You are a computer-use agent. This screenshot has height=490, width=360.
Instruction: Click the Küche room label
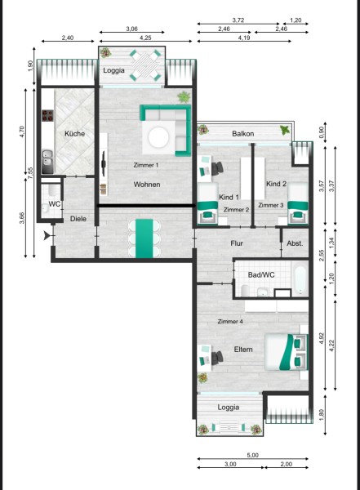(x=74, y=133)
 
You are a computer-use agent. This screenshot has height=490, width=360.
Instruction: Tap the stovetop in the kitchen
(x=48, y=116)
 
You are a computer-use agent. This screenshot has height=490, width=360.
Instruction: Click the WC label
(x=55, y=204)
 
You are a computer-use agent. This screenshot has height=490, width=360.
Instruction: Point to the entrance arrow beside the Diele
(x=47, y=235)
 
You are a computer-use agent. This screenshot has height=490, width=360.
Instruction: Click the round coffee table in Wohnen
(x=159, y=137)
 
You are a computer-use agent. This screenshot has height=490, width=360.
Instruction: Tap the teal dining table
(x=144, y=238)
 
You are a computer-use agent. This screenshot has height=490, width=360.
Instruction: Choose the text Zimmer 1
(x=146, y=165)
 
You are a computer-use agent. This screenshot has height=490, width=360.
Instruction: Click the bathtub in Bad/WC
(x=300, y=278)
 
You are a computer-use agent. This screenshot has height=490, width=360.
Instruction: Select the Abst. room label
(x=295, y=243)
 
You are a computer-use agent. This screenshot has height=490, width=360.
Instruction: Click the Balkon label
(x=242, y=134)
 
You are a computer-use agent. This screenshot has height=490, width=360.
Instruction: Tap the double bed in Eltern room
(x=286, y=352)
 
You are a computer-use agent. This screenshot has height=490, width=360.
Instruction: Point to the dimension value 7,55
(x=30, y=173)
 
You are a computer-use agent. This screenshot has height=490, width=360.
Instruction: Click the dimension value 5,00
(x=252, y=455)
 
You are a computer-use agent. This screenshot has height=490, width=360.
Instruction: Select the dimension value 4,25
(x=145, y=38)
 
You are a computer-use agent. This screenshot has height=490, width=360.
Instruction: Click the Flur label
(x=237, y=243)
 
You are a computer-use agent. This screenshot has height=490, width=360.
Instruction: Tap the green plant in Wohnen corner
(x=184, y=97)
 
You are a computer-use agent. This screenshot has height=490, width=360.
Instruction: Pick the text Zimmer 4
(x=230, y=321)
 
